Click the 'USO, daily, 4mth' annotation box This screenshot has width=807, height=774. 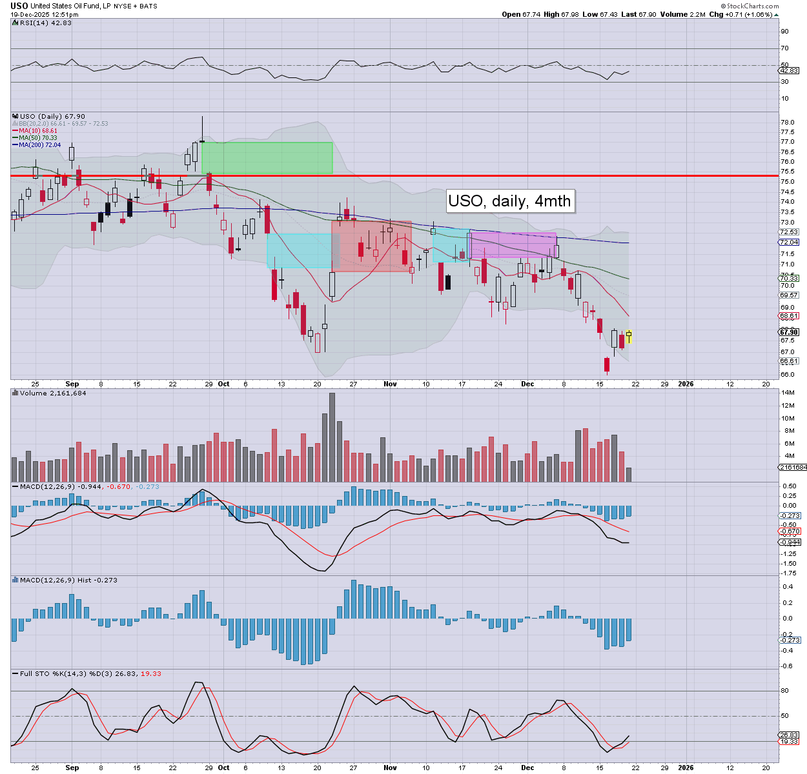coord(509,201)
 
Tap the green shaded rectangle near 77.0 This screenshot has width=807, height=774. coord(267,158)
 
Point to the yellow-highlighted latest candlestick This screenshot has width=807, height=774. coord(629,337)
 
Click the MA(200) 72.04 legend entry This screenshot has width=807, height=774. coord(40,145)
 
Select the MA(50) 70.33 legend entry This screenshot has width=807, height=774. coord(38,138)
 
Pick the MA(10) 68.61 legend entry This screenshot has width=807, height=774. coord(38,131)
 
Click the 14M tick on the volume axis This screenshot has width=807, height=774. coord(788,393)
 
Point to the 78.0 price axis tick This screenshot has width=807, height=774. coord(787,123)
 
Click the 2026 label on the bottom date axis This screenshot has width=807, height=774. coord(686,768)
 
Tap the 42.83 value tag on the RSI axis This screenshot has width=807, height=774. coord(790,71)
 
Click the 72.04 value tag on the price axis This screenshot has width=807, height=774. coord(790,243)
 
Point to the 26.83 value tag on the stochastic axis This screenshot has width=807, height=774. coord(790,735)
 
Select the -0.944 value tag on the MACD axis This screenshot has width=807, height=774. coord(790,542)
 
